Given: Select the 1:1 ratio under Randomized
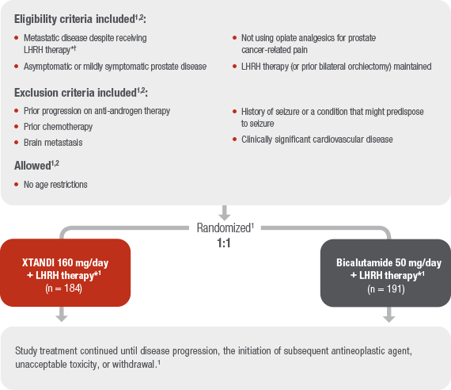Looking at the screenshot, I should coord(225,242).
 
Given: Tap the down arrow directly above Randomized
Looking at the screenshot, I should coord(225,213).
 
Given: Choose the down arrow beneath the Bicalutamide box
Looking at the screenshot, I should coord(388,315).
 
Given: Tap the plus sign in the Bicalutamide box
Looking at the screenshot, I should coord(354,277).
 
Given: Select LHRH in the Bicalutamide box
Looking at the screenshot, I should coord(370,277).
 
